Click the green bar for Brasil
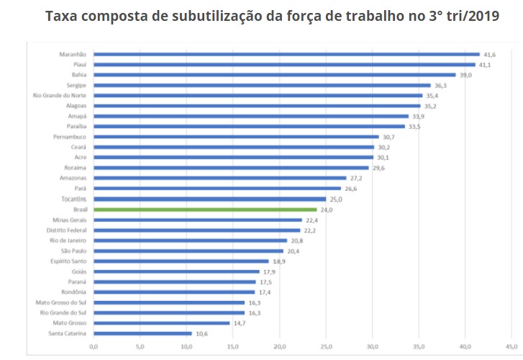click(x=205, y=210)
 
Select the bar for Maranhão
click(x=286, y=54)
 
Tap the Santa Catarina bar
click(x=142, y=333)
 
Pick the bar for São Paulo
click(x=188, y=251)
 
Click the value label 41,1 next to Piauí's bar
click(x=485, y=65)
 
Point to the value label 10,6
click(x=201, y=333)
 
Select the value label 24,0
click(x=326, y=210)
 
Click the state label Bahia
click(x=79, y=75)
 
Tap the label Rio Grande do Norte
click(x=60, y=96)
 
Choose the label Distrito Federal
click(x=67, y=230)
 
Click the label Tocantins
click(x=73, y=199)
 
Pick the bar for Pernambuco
click(x=236, y=137)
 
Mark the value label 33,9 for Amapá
click(x=418, y=116)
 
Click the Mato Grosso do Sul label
click(x=61, y=302)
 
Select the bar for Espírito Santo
click(x=181, y=261)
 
